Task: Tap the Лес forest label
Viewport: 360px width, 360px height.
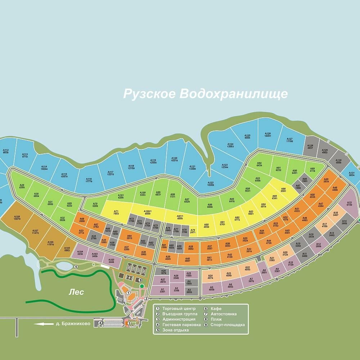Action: pos(76,292)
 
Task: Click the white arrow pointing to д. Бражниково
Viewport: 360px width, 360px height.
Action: pos(44,324)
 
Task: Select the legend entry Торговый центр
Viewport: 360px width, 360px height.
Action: pos(179,309)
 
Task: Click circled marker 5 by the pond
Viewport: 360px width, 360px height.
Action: pos(76,267)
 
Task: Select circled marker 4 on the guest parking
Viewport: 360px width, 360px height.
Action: pos(100,323)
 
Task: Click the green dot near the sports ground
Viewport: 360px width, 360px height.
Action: pos(142,286)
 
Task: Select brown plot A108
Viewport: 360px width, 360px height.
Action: pos(17,217)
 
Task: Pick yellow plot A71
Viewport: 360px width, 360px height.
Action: pos(116,212)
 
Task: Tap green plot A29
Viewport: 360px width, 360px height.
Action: pos(22,186)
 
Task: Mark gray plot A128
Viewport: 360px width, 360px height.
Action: pos(310,147)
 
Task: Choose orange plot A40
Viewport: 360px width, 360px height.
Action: pos(187,259)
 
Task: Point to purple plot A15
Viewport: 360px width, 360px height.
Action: pos(349,204)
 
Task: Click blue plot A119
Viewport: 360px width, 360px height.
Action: pos(153,162)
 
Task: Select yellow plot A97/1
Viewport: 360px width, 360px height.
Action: pos(180,217)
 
